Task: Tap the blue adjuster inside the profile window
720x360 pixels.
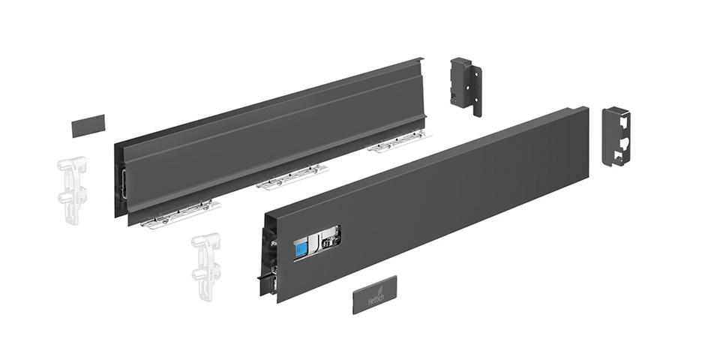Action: tap(300, 248)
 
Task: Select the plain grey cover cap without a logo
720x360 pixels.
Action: tap(88, 126)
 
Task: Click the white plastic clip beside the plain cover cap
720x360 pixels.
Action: tap(72, 189)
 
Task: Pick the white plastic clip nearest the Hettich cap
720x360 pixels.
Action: tap(205, 266)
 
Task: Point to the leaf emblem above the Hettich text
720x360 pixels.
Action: tap(379, 289)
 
